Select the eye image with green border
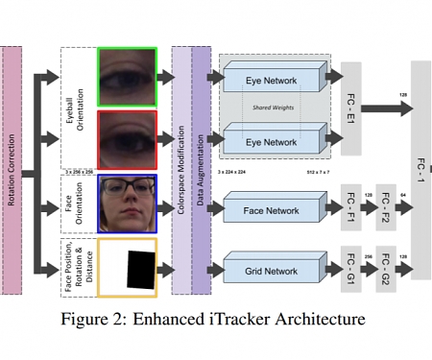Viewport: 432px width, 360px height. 127,77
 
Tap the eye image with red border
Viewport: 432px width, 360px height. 127,139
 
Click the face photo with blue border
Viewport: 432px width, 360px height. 127,203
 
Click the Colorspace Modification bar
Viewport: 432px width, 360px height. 180,169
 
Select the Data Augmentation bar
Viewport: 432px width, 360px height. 201,169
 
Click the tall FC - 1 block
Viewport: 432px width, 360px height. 420,169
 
